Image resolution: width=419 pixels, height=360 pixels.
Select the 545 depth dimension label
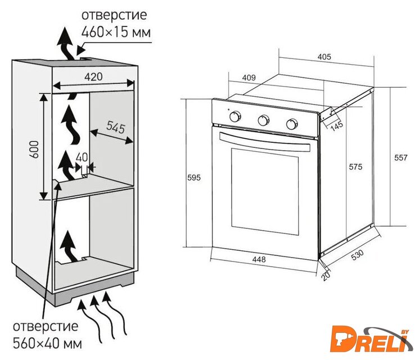115,128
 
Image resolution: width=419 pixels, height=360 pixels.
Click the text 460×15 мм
116,33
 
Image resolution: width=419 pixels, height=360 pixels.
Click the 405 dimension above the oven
324,57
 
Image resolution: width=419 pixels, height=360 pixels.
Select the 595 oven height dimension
193,178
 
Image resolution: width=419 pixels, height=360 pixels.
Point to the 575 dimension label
355,166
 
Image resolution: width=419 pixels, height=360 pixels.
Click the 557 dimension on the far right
400,159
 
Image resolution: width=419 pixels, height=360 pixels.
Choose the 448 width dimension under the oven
259,260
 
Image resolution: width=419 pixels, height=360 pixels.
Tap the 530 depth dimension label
357,254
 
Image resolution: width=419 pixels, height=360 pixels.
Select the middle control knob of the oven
263,120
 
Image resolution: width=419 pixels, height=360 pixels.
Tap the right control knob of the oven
291,124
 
